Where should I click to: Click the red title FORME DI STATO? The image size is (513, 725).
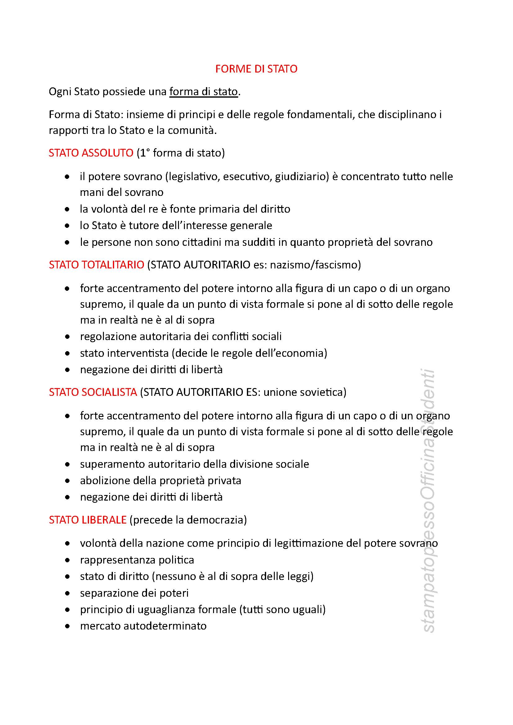point(256,69)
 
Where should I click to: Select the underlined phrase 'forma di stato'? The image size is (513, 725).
point(203,91)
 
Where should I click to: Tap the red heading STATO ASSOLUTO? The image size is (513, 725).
point(91,153)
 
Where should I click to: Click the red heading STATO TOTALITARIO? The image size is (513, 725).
point(96,265)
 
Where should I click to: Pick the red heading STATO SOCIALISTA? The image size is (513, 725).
point(93,392)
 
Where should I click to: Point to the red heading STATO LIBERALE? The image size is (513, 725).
point(87,520)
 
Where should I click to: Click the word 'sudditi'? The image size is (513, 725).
point(258,242)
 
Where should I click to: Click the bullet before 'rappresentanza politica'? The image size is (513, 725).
point(67,560)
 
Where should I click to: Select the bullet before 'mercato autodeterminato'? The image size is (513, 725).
point(67,626)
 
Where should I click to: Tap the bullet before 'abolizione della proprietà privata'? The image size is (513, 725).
point(67,481)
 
